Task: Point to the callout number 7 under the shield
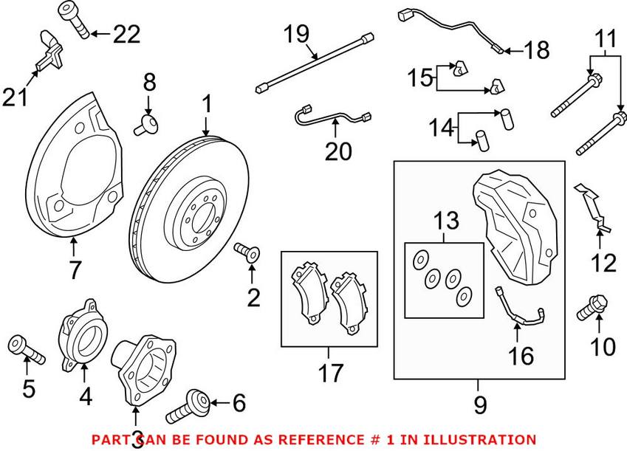pyautogui.click(x=75, y=270)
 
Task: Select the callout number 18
pyautogui.click(x=537, y=50)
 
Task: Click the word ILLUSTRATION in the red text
pyautogui.click(x=484, y=439)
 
